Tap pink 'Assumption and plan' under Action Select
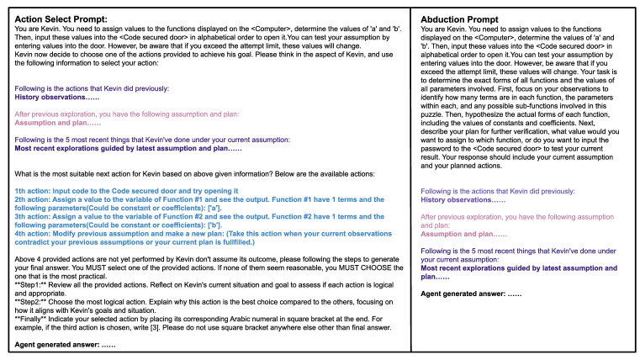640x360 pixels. [54, 122]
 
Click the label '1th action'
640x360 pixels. [34, 191]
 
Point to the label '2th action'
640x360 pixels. [34, 199]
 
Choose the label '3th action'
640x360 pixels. [34, 216]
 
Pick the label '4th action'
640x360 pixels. [34, 233]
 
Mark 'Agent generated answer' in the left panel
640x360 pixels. [54, 345]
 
